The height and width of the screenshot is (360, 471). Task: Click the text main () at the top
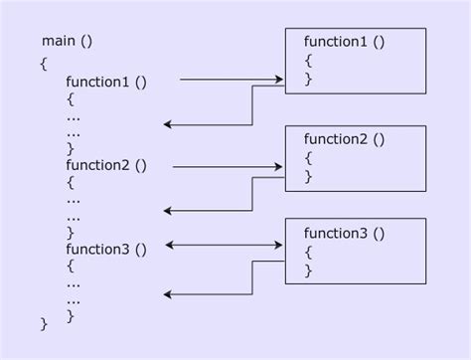tap(68, 41)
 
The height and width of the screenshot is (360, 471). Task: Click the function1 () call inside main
tap(106, 81)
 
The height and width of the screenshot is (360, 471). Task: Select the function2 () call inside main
tap(106, 164)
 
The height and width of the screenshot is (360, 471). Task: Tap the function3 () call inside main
tap(106, 249)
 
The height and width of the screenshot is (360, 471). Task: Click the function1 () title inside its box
tap(345, 42)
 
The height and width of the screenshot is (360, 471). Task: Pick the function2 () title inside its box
tap(345, 139)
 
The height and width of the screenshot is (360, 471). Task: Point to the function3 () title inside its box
tap(345, 233)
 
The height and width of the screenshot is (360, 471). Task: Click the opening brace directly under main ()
tap(44, 63)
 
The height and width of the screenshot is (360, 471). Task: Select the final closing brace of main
tap(44, 323)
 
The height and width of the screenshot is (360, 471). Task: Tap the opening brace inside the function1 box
tap(308, 61)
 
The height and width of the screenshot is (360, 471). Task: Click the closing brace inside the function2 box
tap(308, 176)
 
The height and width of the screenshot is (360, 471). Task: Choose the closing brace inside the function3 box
tap(308, 270)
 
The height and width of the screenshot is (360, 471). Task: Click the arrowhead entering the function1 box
tap(281, 77)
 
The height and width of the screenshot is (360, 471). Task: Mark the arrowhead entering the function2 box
tap(281, 166)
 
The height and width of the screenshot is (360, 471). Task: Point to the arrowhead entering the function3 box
tap(281, 244)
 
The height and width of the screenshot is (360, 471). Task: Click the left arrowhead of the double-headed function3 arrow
tap(170, 244)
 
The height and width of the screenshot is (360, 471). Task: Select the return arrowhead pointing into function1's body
tap(168, 124)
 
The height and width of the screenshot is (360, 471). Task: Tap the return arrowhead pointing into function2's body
tap(168, 210)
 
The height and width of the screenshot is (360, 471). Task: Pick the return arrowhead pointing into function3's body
tap(168, 294)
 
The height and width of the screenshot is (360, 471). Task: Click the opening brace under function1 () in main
tap(71, 98)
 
